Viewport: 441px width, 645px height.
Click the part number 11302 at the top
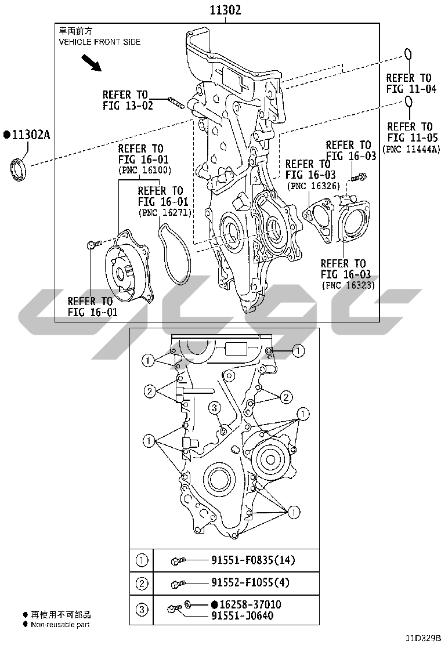click(x=226, y=10)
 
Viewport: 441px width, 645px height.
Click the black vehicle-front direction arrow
click(x=91, y=63)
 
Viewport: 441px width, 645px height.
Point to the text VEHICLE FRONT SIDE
click(x=100, y=42)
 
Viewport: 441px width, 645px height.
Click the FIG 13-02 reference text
click(x=128, y=106)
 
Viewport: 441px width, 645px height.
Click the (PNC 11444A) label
click(x=411, y=149)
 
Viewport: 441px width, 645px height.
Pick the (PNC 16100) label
click(x=145, y=170)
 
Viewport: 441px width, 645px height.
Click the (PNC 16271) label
click(x=165, y=213)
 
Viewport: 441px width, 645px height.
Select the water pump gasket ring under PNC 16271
click(x=175, y=254)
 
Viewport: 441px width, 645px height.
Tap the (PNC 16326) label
click(x=313, y=186)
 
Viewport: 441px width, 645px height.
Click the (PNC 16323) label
click(x=348, y=285)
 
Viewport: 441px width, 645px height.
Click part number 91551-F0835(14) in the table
click(x=253, y=560)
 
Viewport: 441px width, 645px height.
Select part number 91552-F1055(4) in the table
click(x=250, y=582)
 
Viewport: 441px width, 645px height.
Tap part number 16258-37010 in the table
click(x=250, y=604)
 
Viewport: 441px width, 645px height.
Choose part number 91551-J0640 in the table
click(x=243, y=616)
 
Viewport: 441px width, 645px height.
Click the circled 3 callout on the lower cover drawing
click(x=214, y=408)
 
